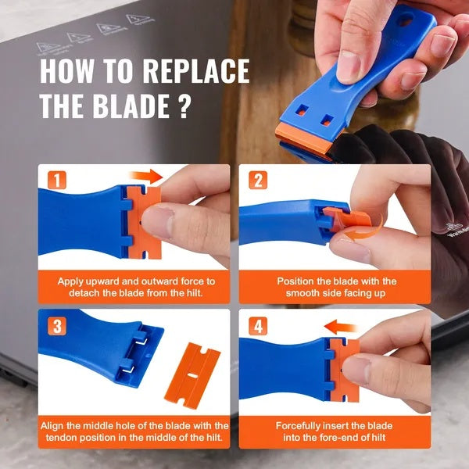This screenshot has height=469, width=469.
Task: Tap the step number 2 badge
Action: tap(257, 180)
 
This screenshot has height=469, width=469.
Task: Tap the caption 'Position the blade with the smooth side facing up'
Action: tap(337, 287)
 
